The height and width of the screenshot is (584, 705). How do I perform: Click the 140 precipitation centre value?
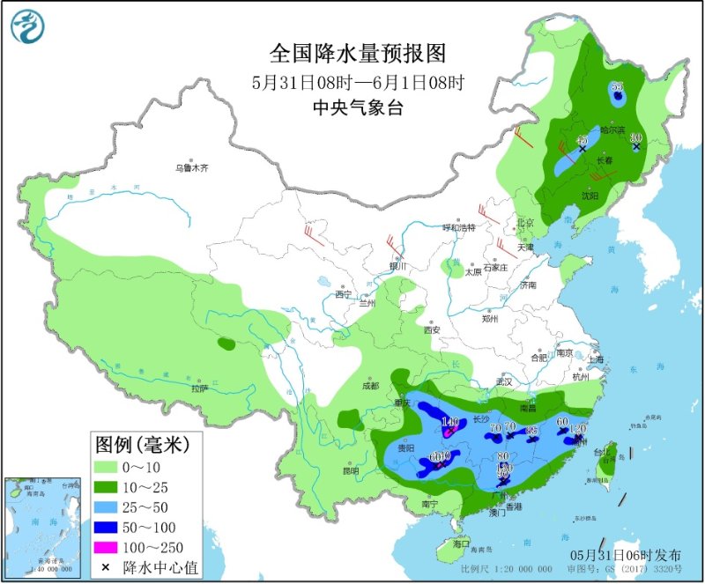(x=451, y=423)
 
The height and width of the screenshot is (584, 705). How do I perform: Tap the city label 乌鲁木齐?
(x=193, y=167)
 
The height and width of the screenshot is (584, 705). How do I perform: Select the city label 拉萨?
(x=198, y=388)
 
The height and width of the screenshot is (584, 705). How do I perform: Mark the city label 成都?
(x=369, y=386)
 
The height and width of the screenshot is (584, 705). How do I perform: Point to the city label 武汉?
(x=503, y=381)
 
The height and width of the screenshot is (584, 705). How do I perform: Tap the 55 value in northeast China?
(x=616, y=86)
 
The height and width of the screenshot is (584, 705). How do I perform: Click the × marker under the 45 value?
(x=582, y=149)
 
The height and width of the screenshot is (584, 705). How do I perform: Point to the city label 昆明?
(x=351, y=469)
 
